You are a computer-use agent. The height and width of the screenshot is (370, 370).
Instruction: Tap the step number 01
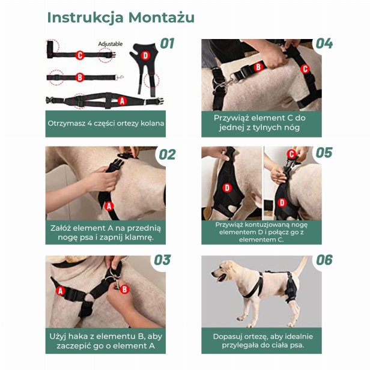pos(167,44)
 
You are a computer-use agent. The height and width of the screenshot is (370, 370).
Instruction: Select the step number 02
pos(167,154)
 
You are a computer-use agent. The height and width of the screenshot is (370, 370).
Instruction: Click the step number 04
pos(324,44)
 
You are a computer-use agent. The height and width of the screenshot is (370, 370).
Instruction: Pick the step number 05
pos(324,152)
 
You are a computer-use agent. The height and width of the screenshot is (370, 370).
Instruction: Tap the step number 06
pos(324,260)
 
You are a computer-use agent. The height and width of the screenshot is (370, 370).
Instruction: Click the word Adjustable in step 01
pos(110,44)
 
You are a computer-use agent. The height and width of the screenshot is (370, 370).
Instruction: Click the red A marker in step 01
pos(123,101)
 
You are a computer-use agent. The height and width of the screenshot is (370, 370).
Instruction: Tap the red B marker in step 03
pos(125,289)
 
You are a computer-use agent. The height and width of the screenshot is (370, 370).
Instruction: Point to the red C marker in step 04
pos(305,69)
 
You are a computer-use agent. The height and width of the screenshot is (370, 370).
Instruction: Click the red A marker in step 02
pos(109,206)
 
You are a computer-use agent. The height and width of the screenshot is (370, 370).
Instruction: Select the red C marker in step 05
pos(291,154)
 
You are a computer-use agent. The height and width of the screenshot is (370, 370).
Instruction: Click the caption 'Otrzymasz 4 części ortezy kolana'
pos(106,124)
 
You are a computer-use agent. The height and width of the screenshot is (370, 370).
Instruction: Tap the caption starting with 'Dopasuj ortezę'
pos(261,341)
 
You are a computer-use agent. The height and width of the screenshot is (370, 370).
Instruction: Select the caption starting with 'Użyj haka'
pos(106,341)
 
